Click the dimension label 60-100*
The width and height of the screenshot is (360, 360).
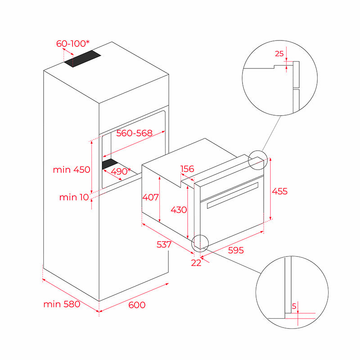tap(72, 44)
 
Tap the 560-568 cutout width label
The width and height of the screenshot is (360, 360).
tap(135, 133)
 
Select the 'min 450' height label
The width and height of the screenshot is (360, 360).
tap(72, 170)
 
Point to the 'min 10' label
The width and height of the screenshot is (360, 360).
tap(73, 197)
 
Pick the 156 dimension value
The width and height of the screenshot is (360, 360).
tap(187, 169)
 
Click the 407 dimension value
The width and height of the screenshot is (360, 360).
tap(151, 197)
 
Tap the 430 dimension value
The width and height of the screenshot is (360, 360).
tap(179, 210)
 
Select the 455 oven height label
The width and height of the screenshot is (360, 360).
tap(279, 191)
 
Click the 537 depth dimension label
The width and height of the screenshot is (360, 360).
tap(164, 244)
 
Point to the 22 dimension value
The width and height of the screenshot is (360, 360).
tap(196, 263)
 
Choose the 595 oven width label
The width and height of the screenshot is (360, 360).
tap(236, 251)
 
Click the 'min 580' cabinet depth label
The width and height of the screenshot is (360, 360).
tap(62, 304)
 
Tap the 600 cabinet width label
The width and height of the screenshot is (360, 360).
tap(137, 305)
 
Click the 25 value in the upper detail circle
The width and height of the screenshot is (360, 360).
tap(279, 54)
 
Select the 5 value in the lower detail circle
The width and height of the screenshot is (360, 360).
tap(294, 306)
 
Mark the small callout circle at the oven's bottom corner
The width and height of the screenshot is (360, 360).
tap(200, 242)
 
